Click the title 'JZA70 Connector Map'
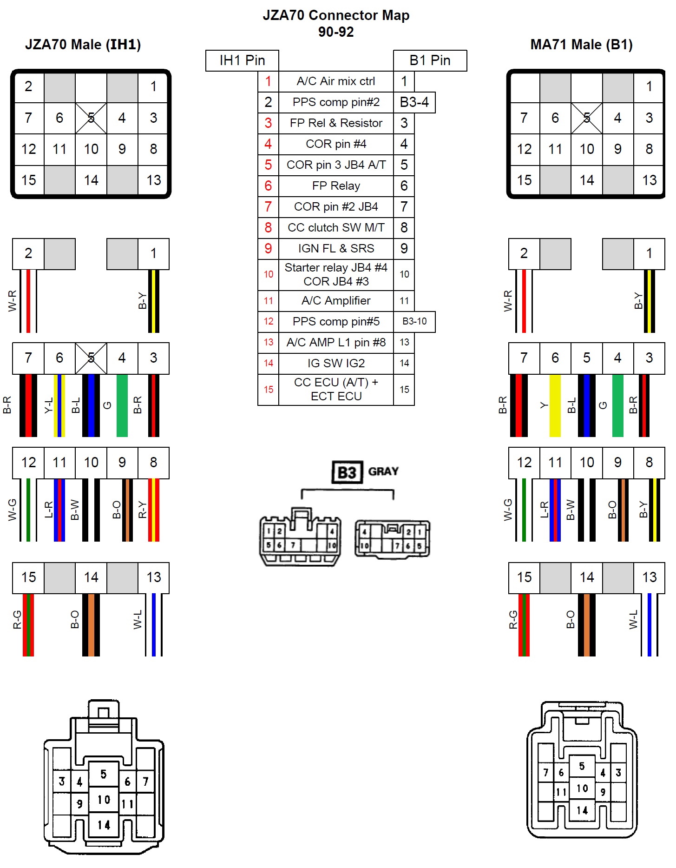[x=336, y=15]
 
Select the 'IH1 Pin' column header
[x=242, y=60]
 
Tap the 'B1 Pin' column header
[x=430, y=60]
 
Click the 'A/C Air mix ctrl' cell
[x=336, y=81]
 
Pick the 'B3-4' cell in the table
[x=414, y=102]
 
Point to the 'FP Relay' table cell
[x=336, y=186]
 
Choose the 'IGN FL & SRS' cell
[x=336, y=249]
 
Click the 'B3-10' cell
[x=414, y=321]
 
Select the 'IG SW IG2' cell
[x=336, y=363]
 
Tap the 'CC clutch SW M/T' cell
[x=336, y=228]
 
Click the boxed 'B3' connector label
[x=347, y=473]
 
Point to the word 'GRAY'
[x=383, y=471]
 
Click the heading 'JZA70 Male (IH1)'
[x=83, y=45]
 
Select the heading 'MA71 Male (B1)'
[x=581, y=45]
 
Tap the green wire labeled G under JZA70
[x=122, y=405]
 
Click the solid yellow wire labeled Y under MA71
[x=555, y=405]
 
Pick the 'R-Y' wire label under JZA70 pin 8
[x=142, y=510]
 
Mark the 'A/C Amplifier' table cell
[x=336, y=301]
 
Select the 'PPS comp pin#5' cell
[x=336, y=322]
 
